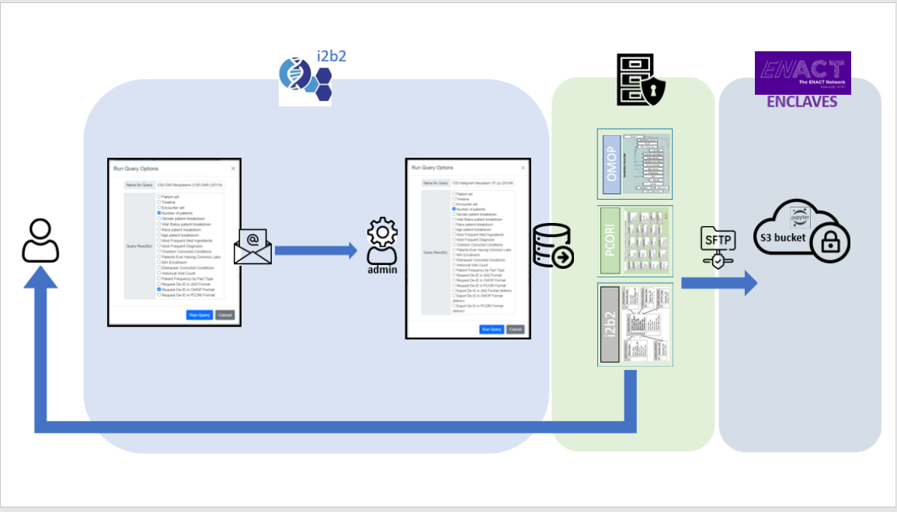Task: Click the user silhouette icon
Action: [x=40, y=240]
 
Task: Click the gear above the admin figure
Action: [x=382, y=232]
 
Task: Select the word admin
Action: [x=382, y=269]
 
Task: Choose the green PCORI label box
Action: [x=610, y=241]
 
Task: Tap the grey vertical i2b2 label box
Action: [x=610, y=324]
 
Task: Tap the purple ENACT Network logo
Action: [x=802, y=73]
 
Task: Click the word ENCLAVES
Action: [x=801, y=102]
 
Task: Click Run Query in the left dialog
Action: [x=199, y=315]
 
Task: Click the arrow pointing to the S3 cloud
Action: [x=718, y=283]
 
